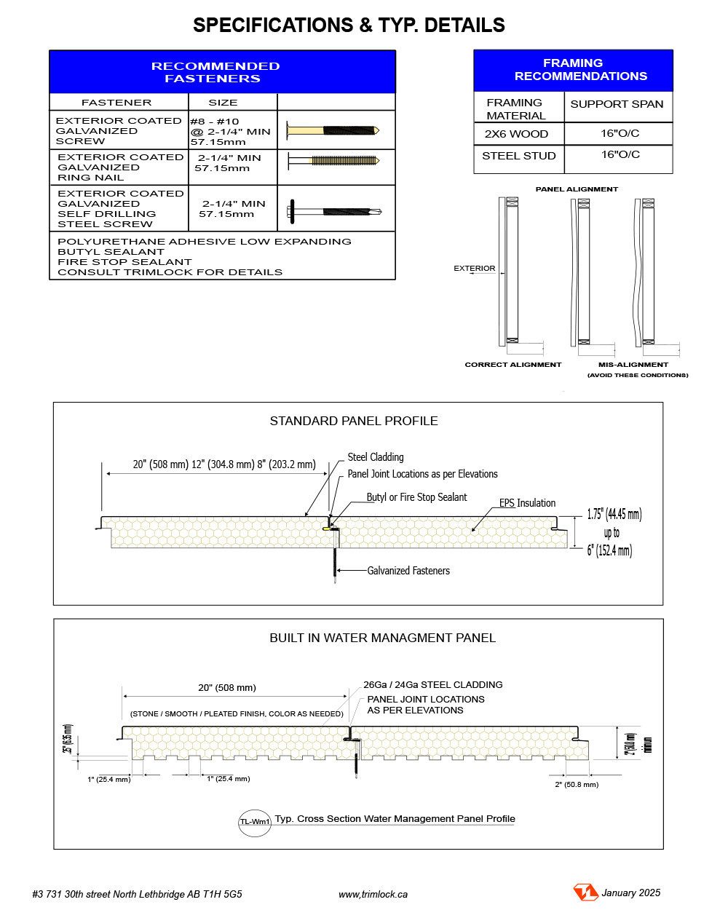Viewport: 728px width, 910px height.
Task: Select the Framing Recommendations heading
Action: pos(573,70)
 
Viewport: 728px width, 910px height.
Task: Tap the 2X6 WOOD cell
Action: pos(517,134)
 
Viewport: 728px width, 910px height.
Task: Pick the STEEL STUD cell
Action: pos(518,156)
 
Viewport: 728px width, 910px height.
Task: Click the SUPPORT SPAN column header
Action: pos(617,104)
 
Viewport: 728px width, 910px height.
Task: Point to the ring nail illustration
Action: pos(333,160)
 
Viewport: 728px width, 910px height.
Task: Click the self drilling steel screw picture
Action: pos(333,211)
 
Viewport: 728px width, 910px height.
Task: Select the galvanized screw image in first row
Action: pos(333,130)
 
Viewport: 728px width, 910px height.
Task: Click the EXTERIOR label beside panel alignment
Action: pos(475,269)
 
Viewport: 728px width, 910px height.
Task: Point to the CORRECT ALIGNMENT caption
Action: pos(513,365)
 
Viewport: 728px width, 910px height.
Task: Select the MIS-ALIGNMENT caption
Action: pos(633,365)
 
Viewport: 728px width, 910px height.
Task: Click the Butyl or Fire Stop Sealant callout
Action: pos(416,497)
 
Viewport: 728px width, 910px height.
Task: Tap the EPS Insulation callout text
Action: pos(527,503)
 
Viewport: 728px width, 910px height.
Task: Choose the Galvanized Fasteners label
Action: pos(408,571)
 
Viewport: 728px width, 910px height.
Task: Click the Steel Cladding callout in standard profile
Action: pos(376,457)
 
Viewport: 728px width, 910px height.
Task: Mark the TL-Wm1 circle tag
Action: pos(255,822)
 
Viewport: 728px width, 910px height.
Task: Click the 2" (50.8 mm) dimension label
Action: pos(577,785)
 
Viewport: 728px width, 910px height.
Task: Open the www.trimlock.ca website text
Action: pos(373,894)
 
